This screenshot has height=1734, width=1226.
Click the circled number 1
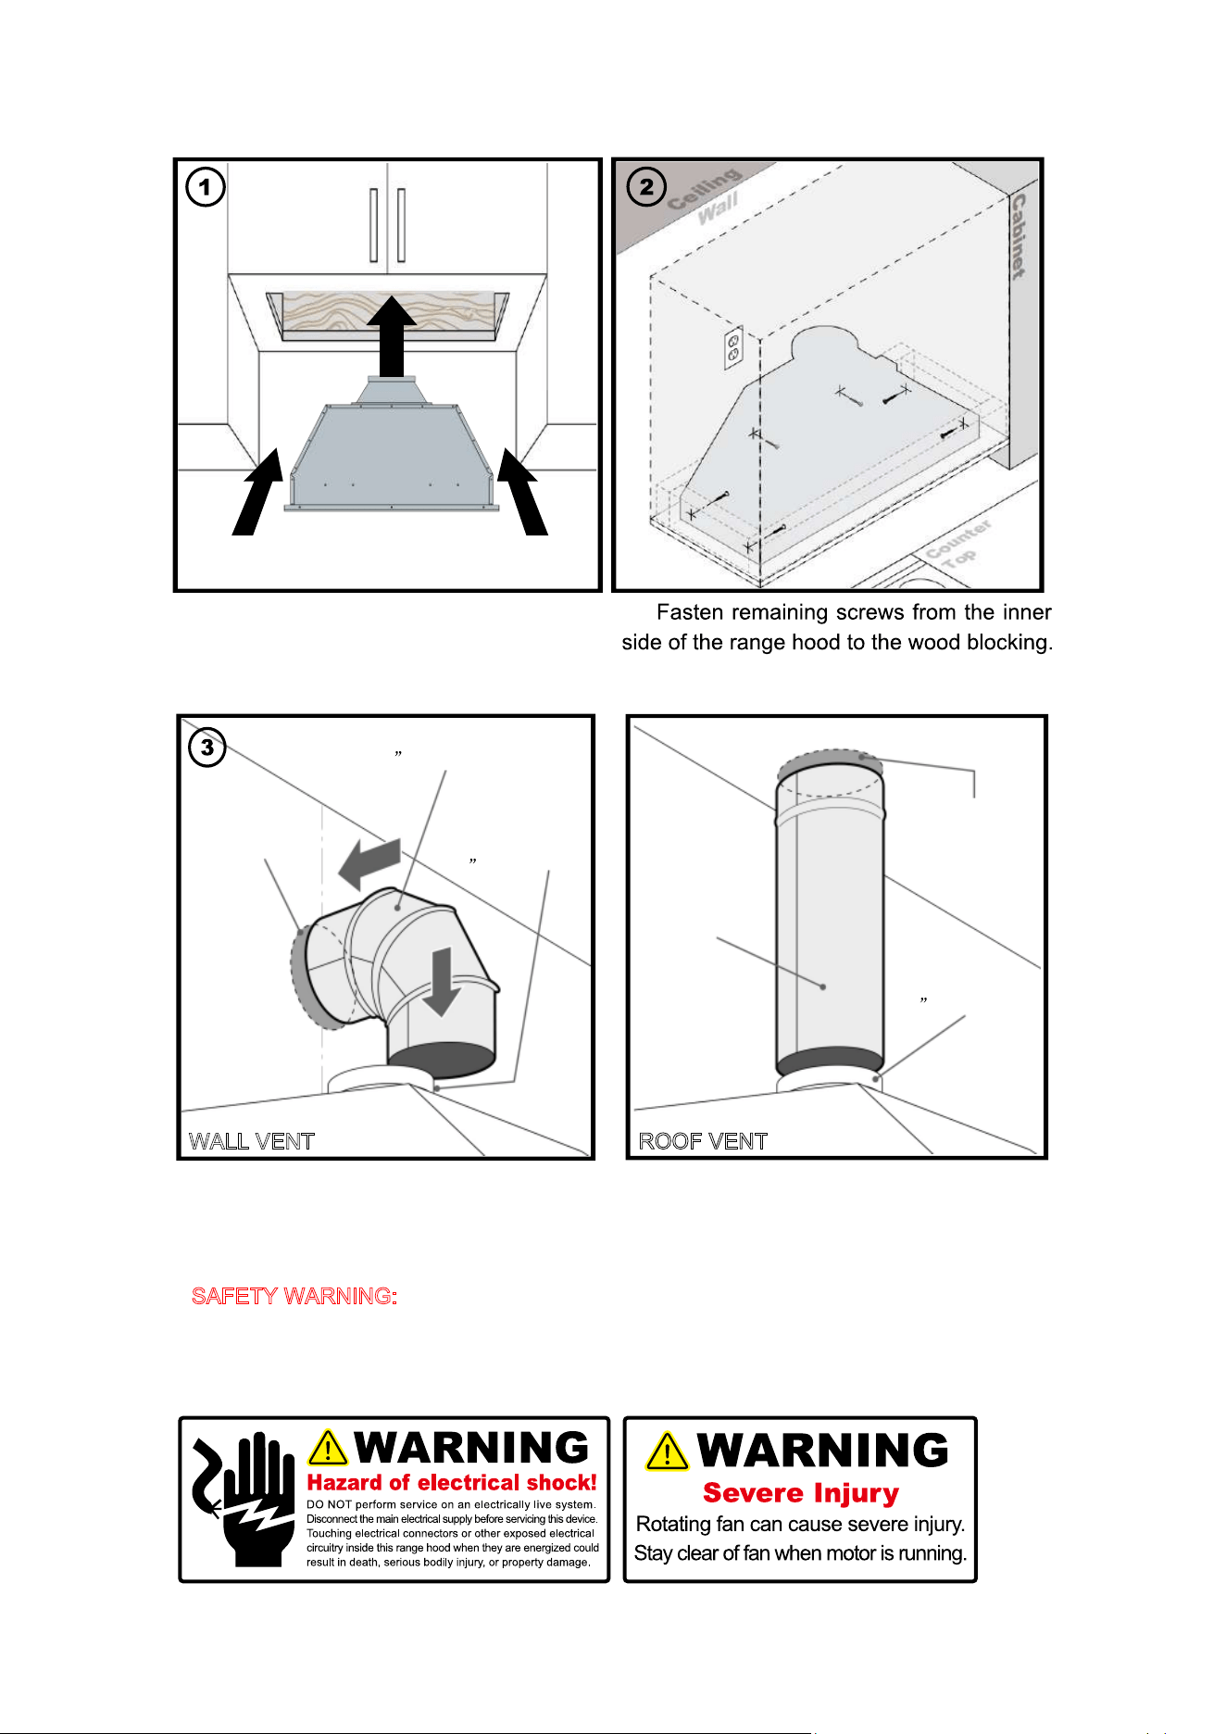pos(206,187)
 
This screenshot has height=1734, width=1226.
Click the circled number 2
pos(646,187)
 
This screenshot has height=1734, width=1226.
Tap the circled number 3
pos(207,747)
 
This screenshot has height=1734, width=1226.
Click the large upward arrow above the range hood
pos(392,335)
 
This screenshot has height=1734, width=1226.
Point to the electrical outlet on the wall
pos(733,347)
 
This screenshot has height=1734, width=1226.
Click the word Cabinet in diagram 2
pos(1019,236)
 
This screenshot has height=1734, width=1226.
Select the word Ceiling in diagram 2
pos(705,190)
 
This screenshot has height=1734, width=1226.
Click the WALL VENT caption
pos(252,1141)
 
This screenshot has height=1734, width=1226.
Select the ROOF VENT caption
pos(703,1141)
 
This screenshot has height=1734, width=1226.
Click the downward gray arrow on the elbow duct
pos(443,982)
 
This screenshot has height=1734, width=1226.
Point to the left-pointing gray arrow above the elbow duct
pos(370,863)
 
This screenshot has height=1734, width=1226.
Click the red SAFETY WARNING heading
pos(294,1296)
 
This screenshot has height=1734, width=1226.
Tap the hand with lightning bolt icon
pos(244,1499)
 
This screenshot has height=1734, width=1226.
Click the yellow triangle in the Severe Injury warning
pos(668,1451)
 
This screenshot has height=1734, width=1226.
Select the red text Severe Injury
pos(801,1493)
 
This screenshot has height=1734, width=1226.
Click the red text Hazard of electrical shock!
pos(452,1483)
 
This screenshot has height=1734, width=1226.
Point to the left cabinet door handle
pos(374,225)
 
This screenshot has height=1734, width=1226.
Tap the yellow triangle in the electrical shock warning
pos(328,1448)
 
